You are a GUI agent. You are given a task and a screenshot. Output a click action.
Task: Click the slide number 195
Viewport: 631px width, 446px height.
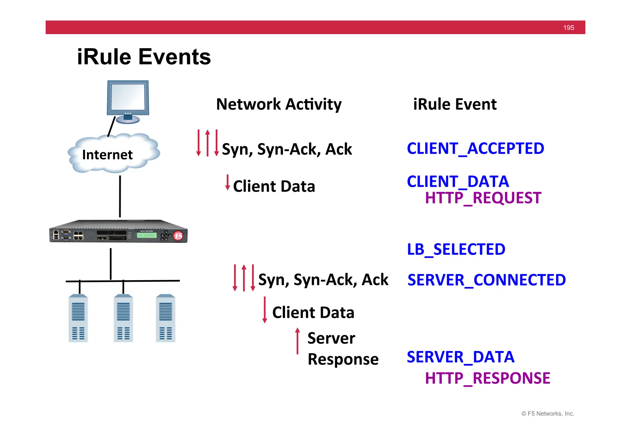[x=568, y=28]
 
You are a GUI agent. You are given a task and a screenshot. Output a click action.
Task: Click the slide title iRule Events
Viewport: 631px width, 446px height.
[x=144, y=57]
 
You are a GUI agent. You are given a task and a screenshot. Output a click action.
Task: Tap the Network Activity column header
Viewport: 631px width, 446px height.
[x=279, y=104]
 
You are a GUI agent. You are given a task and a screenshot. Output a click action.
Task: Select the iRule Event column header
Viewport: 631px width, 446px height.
[x=455, y=104]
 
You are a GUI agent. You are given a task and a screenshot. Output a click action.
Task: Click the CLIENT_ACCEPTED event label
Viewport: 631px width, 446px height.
[x=475, y=149]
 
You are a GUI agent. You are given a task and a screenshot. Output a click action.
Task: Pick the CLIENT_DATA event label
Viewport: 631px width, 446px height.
[x=458, y=181]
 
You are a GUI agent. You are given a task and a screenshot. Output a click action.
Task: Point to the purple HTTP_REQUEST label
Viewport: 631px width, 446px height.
[x=483, y=198]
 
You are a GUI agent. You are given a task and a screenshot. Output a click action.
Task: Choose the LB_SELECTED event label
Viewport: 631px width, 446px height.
[x=456, y=249]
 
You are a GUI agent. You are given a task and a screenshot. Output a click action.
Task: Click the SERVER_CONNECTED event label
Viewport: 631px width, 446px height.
[x=486, y=280]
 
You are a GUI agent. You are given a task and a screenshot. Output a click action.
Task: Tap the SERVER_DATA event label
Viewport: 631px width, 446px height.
[x=461, y=357]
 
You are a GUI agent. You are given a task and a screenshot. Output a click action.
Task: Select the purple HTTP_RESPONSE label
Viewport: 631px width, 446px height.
[x=487, y=378]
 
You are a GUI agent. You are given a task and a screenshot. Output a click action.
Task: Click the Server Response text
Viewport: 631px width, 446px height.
[x=343, y=349]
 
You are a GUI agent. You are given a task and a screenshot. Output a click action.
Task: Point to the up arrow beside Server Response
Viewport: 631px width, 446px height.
[x=297, y=341]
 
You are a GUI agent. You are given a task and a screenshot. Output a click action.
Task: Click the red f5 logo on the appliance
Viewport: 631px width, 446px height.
[x=178, y=236]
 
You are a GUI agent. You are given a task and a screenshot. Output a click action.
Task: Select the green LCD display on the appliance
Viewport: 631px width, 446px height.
[x=147, y=235]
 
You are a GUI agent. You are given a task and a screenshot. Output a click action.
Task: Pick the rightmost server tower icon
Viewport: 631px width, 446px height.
[x=165, y=318]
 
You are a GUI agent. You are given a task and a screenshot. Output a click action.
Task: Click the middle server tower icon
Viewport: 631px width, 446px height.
[x=123, y=318]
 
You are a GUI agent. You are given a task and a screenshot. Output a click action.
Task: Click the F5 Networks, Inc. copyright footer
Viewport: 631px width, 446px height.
[x=548, y=414]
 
